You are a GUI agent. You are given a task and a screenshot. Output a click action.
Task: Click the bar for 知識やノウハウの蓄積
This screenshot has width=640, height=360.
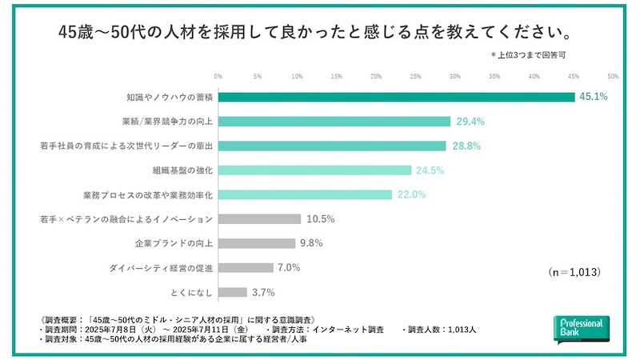(396, 97)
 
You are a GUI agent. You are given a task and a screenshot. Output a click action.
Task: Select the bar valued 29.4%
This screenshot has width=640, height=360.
(334, 122)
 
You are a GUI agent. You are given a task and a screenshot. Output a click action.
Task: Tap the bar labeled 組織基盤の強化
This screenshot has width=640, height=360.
(314, 170)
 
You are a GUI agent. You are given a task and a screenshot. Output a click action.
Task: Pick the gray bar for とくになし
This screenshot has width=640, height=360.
(233, 292)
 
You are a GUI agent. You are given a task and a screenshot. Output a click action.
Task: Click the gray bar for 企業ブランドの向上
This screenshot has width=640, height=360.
(257, 243)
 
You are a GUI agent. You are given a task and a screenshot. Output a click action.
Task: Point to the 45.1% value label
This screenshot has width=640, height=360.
(594, 97)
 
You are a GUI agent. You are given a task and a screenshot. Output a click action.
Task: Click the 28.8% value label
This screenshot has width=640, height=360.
(466, 146)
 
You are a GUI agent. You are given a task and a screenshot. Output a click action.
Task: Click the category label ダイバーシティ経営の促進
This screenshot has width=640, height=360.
(161, 268)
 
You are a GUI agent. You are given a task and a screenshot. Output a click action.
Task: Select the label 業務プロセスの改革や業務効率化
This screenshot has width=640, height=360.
(147, 194)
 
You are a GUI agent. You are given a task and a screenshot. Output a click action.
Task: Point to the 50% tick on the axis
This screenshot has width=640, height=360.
(613, 77)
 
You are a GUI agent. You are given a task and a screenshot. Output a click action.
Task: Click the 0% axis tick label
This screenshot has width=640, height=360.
(218, 77)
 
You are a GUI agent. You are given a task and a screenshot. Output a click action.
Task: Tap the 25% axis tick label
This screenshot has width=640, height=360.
(415, 77)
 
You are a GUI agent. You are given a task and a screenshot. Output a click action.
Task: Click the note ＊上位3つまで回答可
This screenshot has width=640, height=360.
(529, 55)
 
